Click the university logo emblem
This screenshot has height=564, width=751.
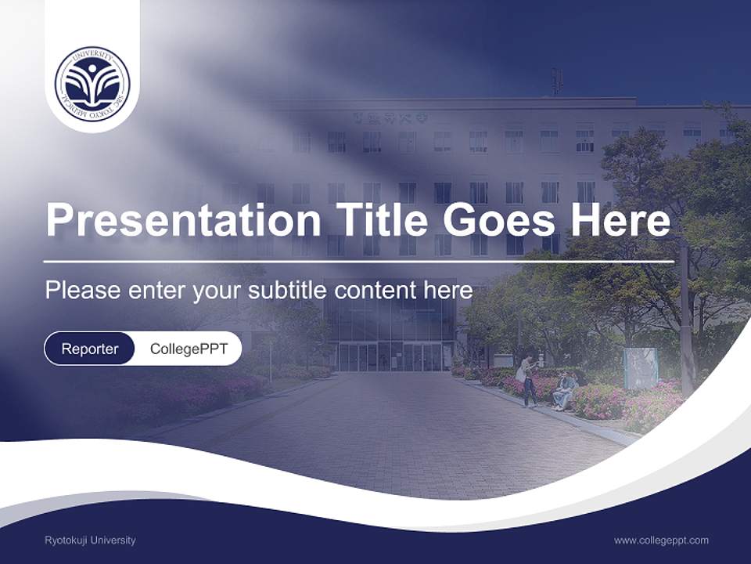(x=92, y=84)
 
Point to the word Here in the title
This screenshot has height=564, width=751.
(x=620, y=221)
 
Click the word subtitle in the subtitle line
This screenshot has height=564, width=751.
(x=290, y=291)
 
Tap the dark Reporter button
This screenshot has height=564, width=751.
(x=90, y=349)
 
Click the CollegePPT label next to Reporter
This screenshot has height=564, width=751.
(x=189, y=349)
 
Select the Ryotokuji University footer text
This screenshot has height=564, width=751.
(x=90, y=540)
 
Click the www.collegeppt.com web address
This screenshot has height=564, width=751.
(x=661, y=540)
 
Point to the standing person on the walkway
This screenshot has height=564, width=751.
(x=528, y=380)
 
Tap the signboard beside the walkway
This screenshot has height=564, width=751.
(x=640, y=368)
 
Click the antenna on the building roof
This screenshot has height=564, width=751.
(x=557, y=81)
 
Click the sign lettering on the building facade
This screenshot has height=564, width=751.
(x=389, y=119)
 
